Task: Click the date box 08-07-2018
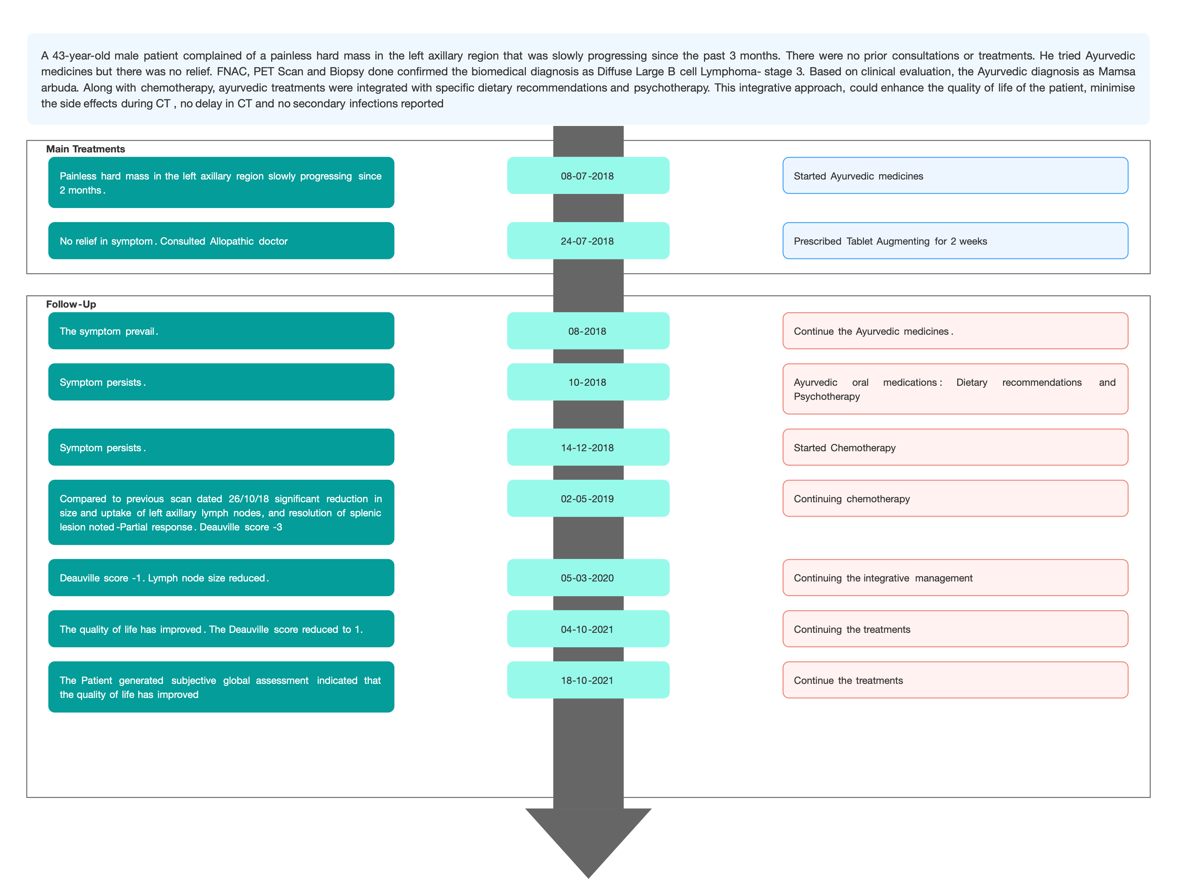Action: pyautogui.click(x=588, y=176)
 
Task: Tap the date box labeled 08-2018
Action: pyautogui.click(x=588, y=330)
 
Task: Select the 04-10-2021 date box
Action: pyautogui.click(x=588, y=629)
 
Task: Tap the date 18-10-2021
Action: pyautogui.click(x=588, y=680)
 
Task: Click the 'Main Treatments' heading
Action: pyautogui.click(x=85, y=149)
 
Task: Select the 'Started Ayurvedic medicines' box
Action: pyautogui.click(x=955, y=176)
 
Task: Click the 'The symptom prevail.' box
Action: pyautogui.click(x=221, y=330)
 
